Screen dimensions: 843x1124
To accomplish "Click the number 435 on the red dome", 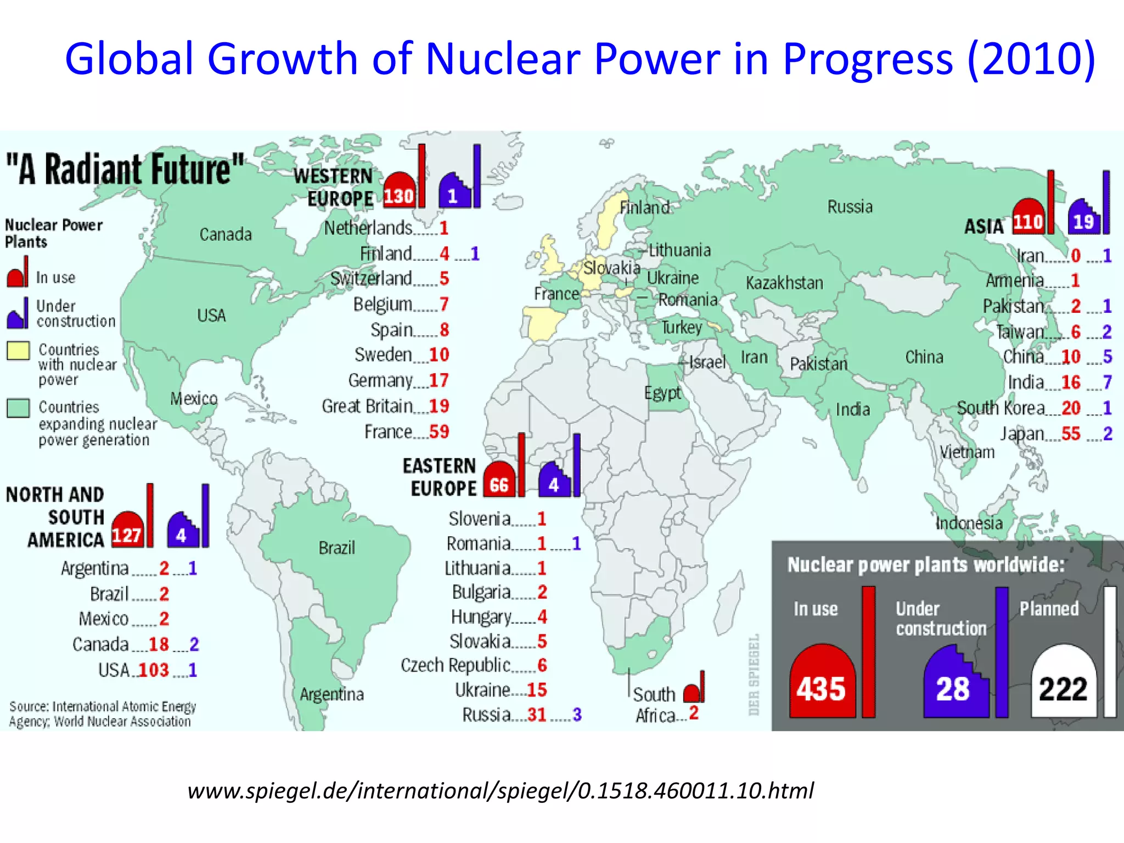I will click(821, 688).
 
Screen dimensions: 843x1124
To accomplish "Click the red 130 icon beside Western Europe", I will click(399, 192).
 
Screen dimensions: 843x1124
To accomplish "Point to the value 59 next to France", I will click(439, 432).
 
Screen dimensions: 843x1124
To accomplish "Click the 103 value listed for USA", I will click(154, 670).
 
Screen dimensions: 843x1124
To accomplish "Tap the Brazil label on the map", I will click(336, 548).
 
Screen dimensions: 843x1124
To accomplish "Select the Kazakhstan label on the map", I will click(784, 283).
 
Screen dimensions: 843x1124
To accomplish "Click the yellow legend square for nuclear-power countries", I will click(18, 351).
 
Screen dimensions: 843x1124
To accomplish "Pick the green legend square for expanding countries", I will click(18, 408).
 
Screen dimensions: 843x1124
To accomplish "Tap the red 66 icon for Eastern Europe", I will click(499, 481).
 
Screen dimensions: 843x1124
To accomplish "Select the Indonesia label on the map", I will click(969, 523).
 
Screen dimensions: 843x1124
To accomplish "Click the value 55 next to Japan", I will click(1071, 434).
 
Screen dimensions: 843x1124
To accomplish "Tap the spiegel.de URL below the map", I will click(500, 791).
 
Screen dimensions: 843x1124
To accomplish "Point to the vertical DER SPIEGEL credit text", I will click(754, 675).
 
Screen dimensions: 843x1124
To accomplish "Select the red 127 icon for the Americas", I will click(127, 532).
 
